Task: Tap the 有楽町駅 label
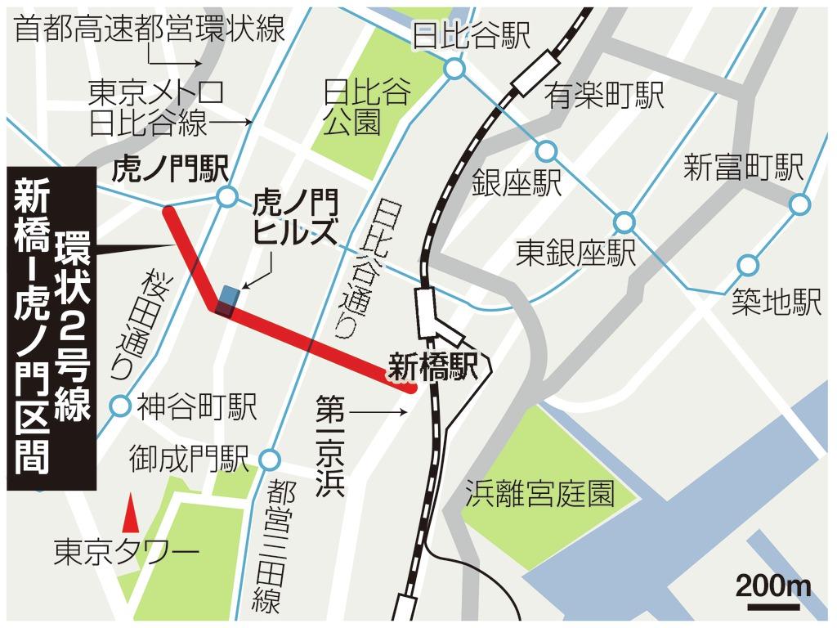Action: coord(605,96)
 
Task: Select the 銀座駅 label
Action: coord(517,182)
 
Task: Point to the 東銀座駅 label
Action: coord(575,253)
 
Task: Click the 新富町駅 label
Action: coord(743,168)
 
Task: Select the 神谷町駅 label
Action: coord(197,406)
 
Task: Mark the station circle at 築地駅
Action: coord(747,265)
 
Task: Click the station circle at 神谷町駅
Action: coord(121,405)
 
